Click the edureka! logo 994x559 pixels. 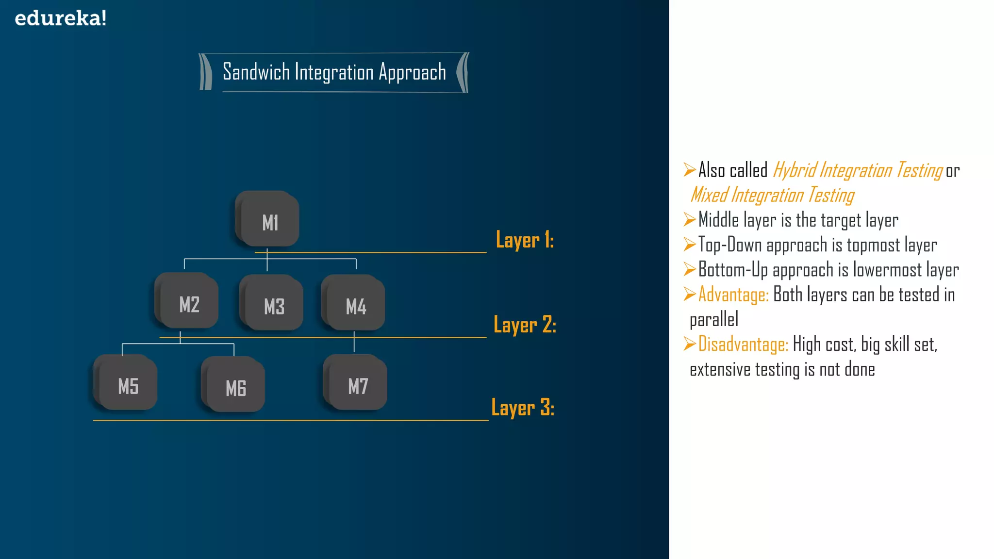pyautogui.click(x=60, y=18)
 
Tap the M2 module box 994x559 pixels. pyautogui.click(x=188, y=303)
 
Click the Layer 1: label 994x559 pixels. pyautogui.click(x=525, y=240)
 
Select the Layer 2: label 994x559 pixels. pyautogui.click(x=525, y=325)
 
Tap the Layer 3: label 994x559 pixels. pyautogui.click(x=523, y=408)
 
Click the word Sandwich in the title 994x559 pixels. pyautogui.click(x=256, y=72)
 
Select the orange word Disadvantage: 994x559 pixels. pyautogui.click(x=743, y=345)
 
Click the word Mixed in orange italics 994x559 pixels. pyautogui.click(x=709, y=195)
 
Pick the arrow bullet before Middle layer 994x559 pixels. pyautogui.click(x=689, y=219)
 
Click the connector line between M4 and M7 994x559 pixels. pyautogui.click(x=354, y=342)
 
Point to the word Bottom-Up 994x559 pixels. pyautogui.click(x=733, y=270)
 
